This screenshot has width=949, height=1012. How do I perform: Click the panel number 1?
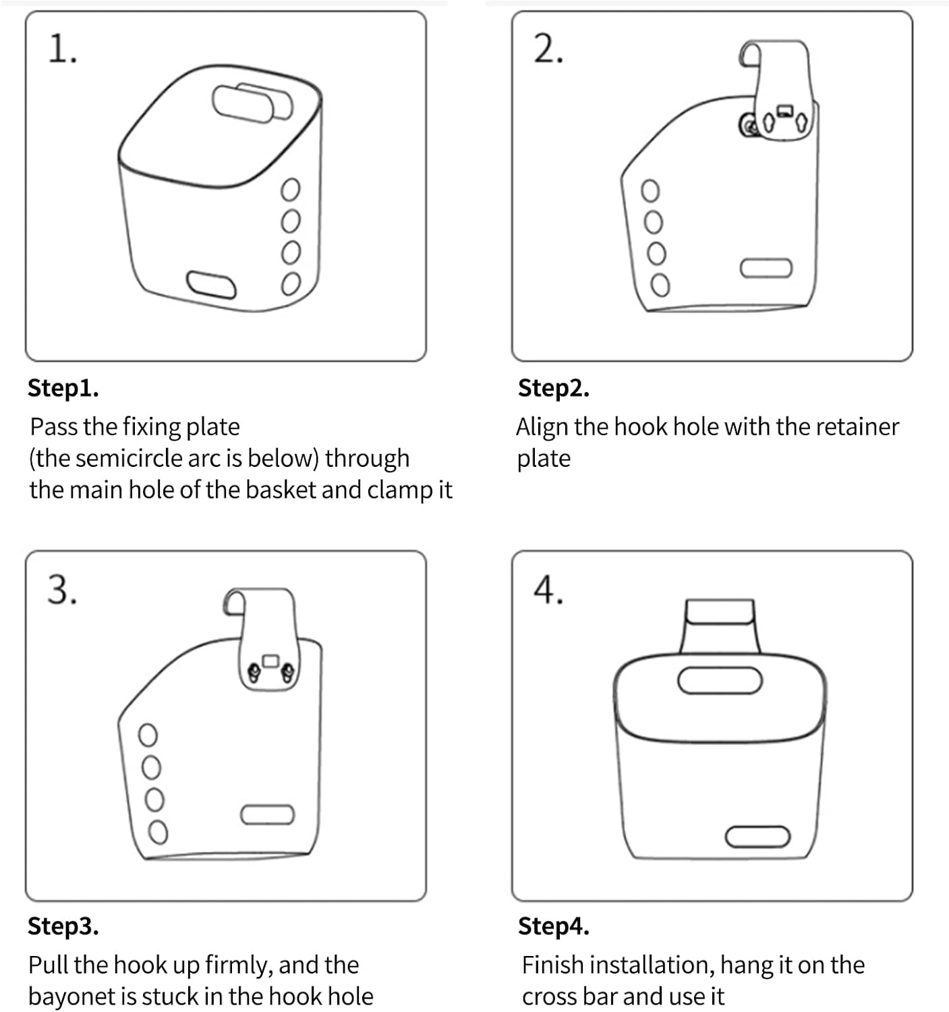coord(61,51)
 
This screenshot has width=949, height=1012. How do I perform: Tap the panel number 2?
coord(547,51)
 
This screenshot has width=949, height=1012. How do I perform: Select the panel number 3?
coord(61,590)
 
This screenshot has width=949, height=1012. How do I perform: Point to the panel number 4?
coord(548,590)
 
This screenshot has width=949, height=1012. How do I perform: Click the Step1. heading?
coord(63,388)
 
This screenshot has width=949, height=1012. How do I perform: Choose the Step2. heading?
coord(553,388)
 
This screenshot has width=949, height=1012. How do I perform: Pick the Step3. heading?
coord(63,926)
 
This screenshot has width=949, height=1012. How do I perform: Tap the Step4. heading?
coord(553,926)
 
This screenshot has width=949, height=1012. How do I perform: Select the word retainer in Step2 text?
coord(857,427)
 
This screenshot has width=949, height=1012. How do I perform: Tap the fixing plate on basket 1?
coord(252,103)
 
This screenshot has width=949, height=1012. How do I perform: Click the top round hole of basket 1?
coord(290,190)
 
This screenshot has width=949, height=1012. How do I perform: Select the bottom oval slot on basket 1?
coord(211,285)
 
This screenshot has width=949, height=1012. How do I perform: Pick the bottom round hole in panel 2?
coord(660,285)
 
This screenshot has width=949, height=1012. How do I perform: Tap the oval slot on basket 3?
coord(267,815)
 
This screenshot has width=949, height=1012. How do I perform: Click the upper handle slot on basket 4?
coord(720,680)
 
